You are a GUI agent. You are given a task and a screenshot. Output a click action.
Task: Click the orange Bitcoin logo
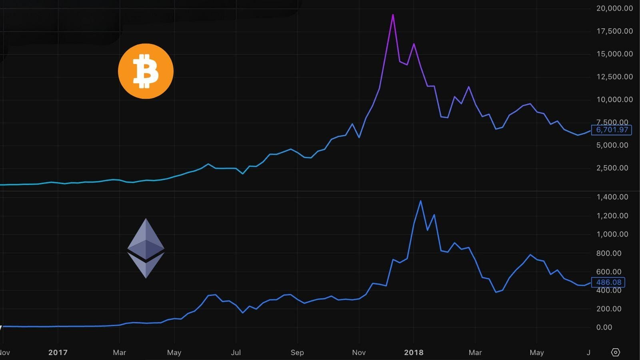click(x=146, y=71)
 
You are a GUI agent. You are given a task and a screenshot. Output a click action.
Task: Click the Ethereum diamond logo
click(x=146, y=248)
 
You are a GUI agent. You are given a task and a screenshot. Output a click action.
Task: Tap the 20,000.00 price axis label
click(x=614, y=8)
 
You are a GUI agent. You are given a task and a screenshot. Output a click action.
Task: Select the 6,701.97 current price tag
click(x=612, y=130)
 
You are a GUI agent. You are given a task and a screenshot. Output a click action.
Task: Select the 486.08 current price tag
click(x=608, y=282)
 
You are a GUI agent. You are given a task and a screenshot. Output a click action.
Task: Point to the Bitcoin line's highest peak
click(x=393, y=15)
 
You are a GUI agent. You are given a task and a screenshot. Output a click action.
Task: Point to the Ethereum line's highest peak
click(x=420, y=201)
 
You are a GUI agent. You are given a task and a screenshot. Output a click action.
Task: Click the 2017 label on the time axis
click(x=58, y=352)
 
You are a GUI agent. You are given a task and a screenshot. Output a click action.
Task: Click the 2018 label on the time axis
click(x=414, y=352)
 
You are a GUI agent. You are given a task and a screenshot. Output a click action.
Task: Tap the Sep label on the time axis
click(x=297, y=352)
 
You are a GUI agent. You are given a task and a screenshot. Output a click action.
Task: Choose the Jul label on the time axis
click(x=236, y=352)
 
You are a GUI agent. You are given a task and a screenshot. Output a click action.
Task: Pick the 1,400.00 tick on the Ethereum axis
click(x=612, y=197)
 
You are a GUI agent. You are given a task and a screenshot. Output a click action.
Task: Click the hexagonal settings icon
click(x=615, y=352)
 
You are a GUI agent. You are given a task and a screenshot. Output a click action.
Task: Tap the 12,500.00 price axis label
click(x=614, y=77)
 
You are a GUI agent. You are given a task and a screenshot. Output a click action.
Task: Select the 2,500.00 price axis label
click(x=612, y=168)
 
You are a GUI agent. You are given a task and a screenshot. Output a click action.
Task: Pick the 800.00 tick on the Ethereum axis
click(x=609, y=253)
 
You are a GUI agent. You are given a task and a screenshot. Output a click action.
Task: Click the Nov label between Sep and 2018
click(x=359, y=352)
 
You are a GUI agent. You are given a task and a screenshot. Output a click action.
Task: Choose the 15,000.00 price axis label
click(x=614, y=54)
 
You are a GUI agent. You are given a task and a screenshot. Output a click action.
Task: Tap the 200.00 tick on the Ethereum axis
click(x=609, y=309)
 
